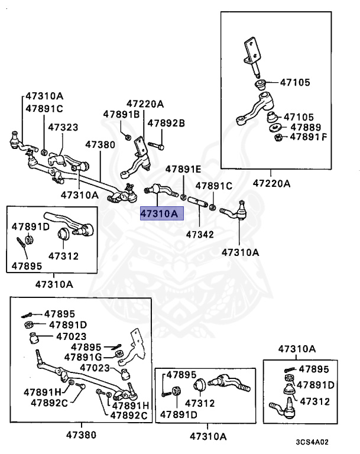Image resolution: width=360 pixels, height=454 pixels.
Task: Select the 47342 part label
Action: pos(199,234)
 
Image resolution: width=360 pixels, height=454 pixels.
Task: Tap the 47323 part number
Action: pos(63,127)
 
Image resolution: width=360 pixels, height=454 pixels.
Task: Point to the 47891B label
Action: pos(121,114)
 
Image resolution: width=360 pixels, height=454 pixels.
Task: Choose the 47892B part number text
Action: pos(166,123)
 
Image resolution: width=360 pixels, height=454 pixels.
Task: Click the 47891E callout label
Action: pos(183,168)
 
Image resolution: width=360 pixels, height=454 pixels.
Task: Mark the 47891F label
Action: pos(307,137)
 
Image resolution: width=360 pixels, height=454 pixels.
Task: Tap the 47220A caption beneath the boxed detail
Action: pos(271,183)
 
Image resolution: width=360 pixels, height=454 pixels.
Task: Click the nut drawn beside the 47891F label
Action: pos(277,138)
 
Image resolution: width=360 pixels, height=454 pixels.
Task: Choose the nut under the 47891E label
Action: pos(184,196)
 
